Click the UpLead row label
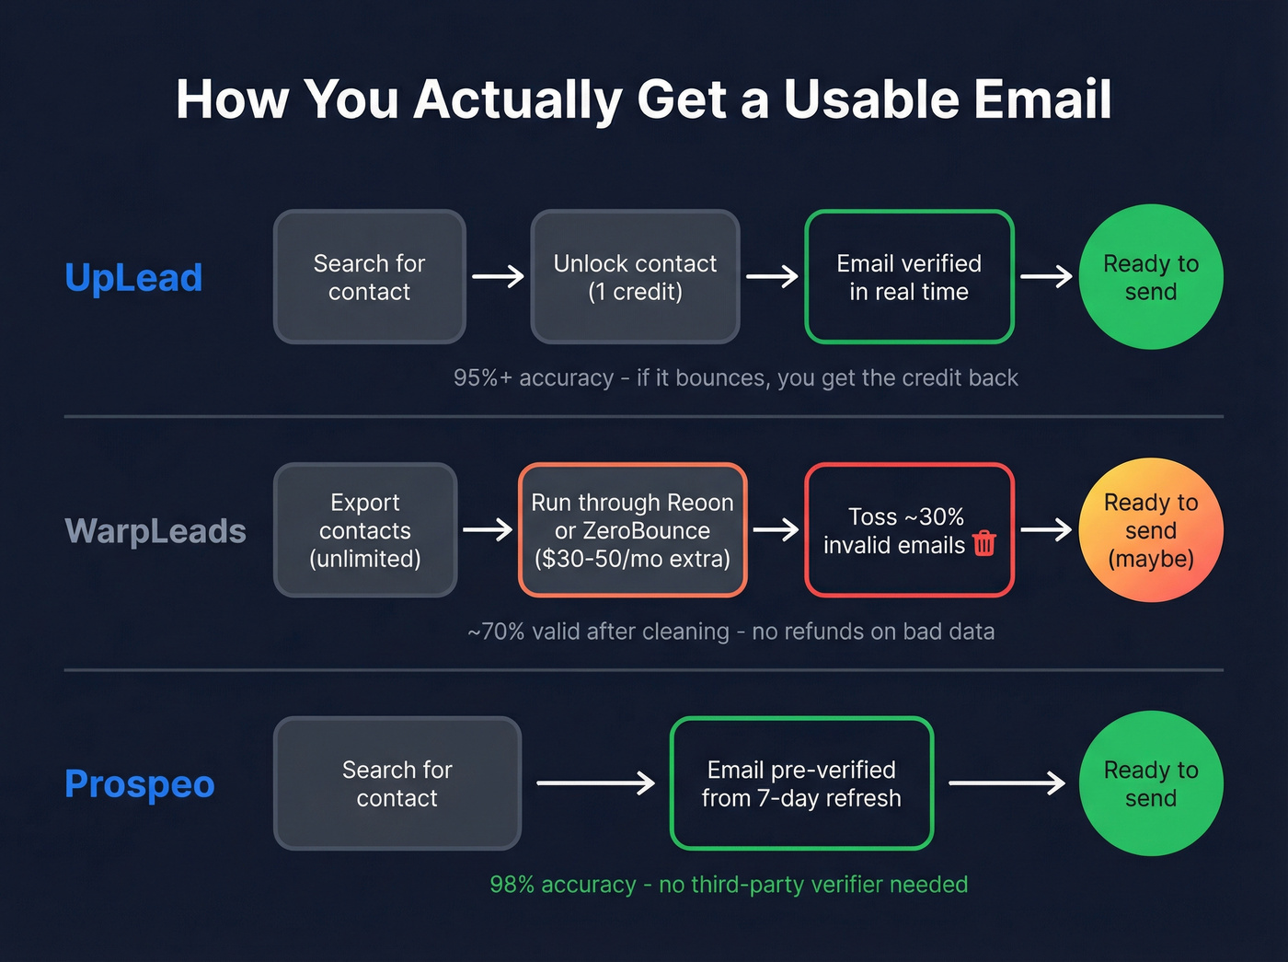coord(133,278)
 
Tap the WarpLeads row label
coord(155,531)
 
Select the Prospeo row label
coord(140,784)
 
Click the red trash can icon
coord(983,544)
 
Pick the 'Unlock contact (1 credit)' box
coord(635,277)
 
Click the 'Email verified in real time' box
coord(909,277)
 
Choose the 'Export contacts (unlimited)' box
coord(365,530)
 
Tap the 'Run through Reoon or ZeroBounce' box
coord(633,530)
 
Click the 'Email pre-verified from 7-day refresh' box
coord(801,783)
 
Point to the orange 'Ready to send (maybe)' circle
coord(1151,530)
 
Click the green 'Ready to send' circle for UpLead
coord(1151,277)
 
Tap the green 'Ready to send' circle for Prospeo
coord(1151,783)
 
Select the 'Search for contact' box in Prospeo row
coord(397,783)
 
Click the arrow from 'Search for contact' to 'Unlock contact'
coord(498,276)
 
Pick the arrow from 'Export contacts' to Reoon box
coord(488,529)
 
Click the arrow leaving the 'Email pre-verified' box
coord(1006,783)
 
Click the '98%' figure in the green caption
coord(512,885)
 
